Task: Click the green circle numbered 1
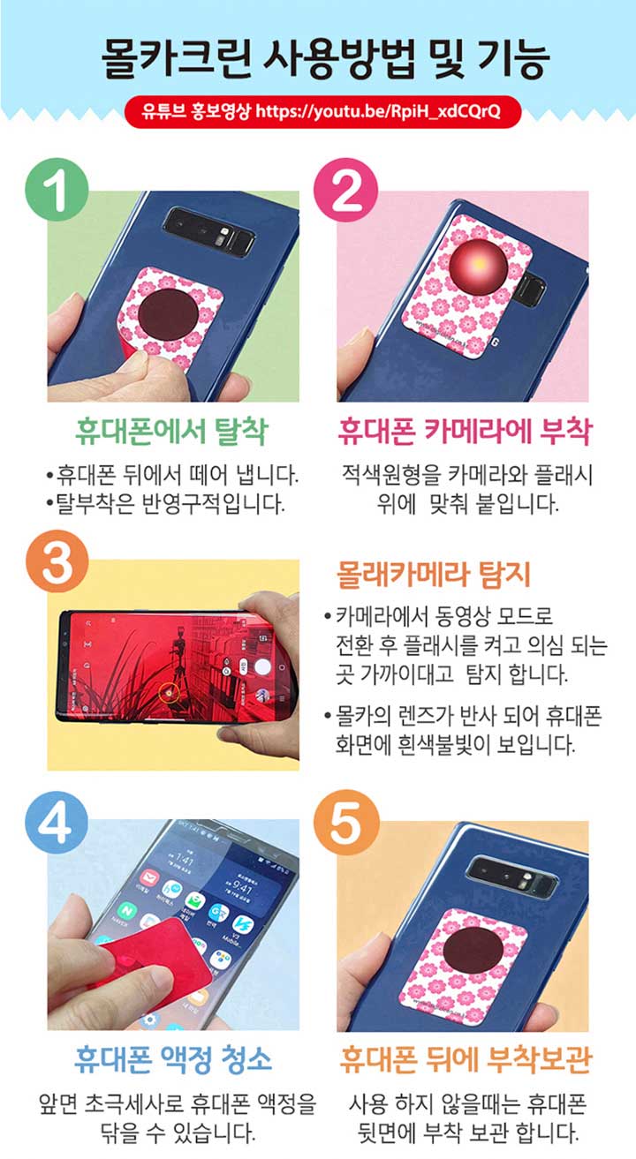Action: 57,190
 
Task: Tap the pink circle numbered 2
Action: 346,190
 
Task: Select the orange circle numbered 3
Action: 57,561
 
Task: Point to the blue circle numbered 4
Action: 57,822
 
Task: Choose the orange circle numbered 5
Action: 346,822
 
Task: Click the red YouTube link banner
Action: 322,111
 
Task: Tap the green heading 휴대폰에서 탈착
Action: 171,431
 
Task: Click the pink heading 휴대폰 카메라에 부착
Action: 465,431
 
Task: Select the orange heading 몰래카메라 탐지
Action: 434,575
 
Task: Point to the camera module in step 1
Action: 208,231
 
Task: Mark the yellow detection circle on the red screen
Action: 169,691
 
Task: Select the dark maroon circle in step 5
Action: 473,950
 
